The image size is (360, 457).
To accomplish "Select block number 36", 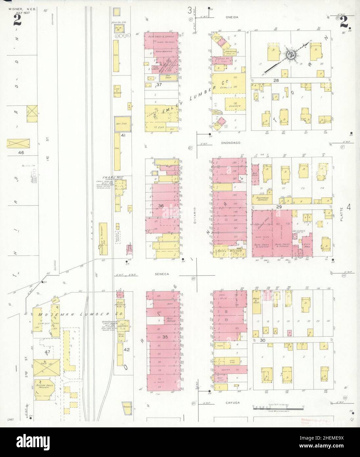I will (161, 205).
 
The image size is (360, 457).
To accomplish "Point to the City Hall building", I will (306, 245).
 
